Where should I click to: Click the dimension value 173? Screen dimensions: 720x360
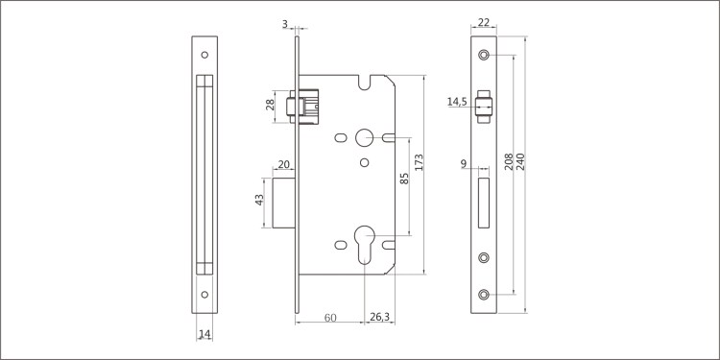pos(419,162)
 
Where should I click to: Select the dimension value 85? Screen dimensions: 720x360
pos(404,179)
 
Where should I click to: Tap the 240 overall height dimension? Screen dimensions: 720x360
pos(520,161)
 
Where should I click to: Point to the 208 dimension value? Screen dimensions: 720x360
pos(509,161)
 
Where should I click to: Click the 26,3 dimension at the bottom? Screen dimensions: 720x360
pos(379,317)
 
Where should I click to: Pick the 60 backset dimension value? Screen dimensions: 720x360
pos(330,318)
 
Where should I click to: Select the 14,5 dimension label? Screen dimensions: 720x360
pos(457,102)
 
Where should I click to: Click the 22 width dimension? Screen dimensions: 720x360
pos(484,22)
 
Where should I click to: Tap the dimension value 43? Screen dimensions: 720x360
pos(259,200)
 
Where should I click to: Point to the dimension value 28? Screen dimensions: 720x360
pos(270,105)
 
